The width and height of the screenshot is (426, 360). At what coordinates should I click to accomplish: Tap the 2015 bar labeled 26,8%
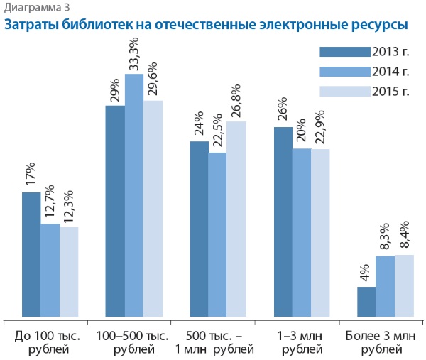(237, 219)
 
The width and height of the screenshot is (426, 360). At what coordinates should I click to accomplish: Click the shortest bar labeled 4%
(366, 302)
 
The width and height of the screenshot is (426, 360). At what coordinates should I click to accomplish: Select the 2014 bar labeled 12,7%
(50, 270)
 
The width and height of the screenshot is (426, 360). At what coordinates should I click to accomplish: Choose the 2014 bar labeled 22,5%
(218, 234)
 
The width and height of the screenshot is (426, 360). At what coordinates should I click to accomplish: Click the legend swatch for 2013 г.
(344, 51)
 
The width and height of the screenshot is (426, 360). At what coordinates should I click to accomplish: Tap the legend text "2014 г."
(391, 71)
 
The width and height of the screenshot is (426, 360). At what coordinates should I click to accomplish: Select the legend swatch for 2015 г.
(344, 91)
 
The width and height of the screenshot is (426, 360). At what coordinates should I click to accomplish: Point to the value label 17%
(31, 175)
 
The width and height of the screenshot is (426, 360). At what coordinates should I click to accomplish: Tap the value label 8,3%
(385, 235)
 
